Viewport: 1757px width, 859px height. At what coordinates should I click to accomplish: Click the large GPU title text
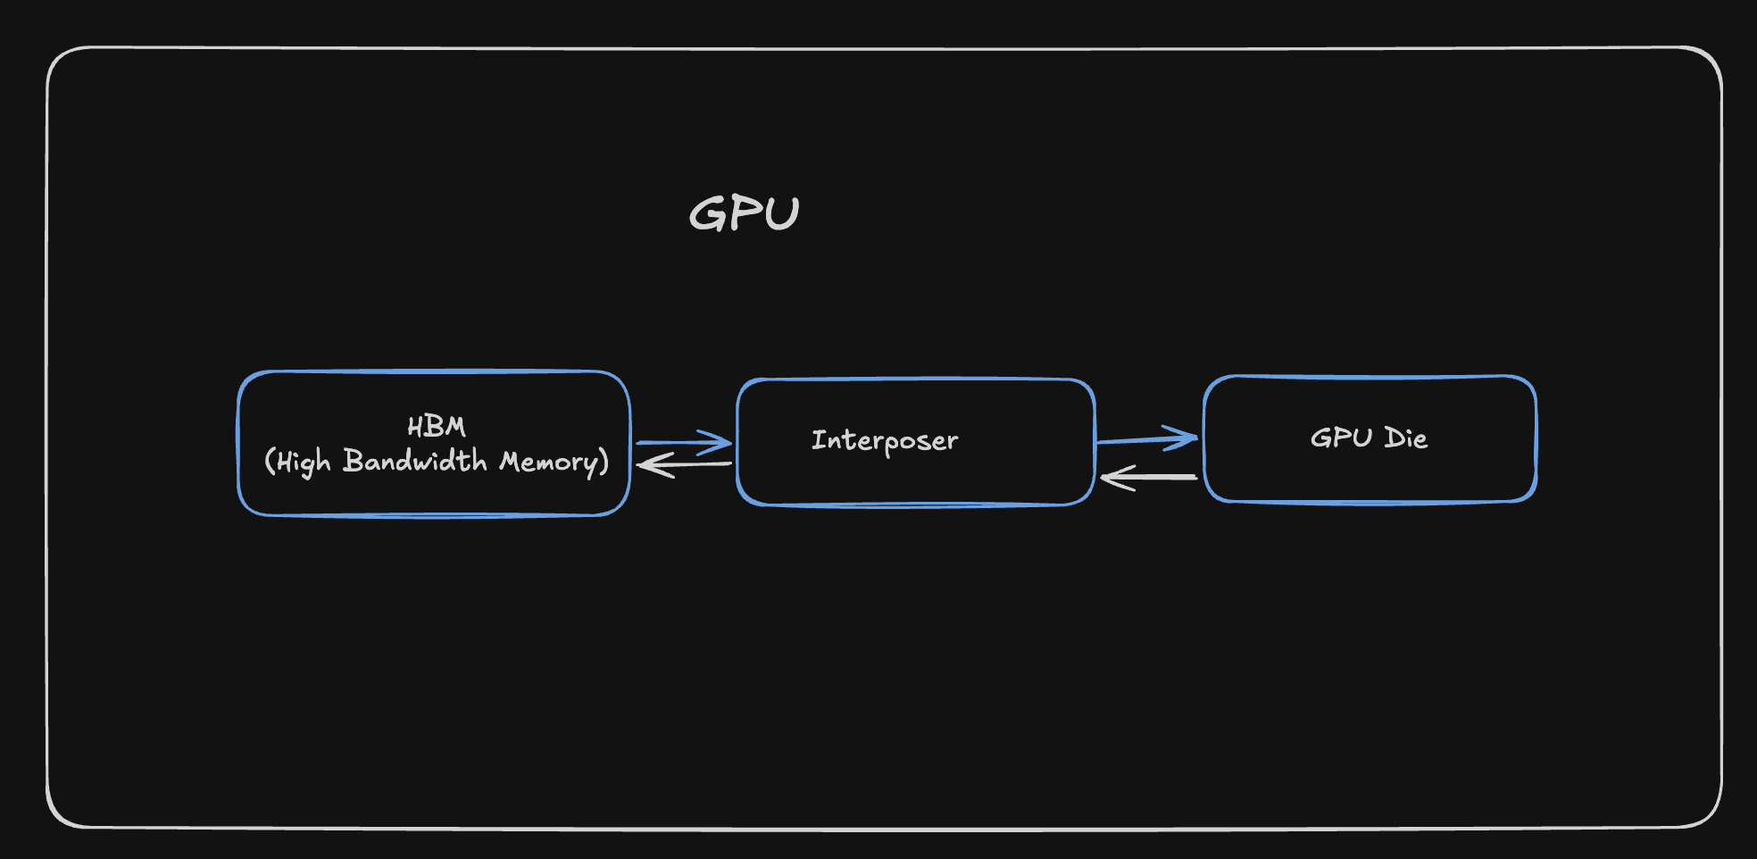[x=744, y=213]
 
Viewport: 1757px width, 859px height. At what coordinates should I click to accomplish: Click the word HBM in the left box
[x=436, y=427]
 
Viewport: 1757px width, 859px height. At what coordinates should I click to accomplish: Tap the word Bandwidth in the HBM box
[x=415, y=461]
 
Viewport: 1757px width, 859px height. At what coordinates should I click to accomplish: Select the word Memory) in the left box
[x=554, y=462]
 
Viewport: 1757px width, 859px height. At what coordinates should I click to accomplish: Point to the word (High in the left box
[x=298, y=462]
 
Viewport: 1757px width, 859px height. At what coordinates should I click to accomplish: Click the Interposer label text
[x=884, y=440]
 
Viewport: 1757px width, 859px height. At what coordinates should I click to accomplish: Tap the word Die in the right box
[x=1405, y=438]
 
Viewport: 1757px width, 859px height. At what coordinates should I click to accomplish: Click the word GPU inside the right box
[x=1341, y=438]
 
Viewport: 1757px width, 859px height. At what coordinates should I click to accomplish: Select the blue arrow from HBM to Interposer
[x=679, y=442]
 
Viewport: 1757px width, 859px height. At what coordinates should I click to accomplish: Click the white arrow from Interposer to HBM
[x=687, y=464]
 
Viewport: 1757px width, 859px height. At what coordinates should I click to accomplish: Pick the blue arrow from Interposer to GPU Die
[x=1143, y=439]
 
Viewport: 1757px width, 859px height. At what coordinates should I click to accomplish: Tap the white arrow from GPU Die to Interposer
[x=1152, y=478]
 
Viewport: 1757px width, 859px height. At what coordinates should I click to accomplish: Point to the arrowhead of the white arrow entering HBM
[x=650, y=465]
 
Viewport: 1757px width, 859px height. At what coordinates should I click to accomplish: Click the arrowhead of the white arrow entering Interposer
[x=1112, y=479]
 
